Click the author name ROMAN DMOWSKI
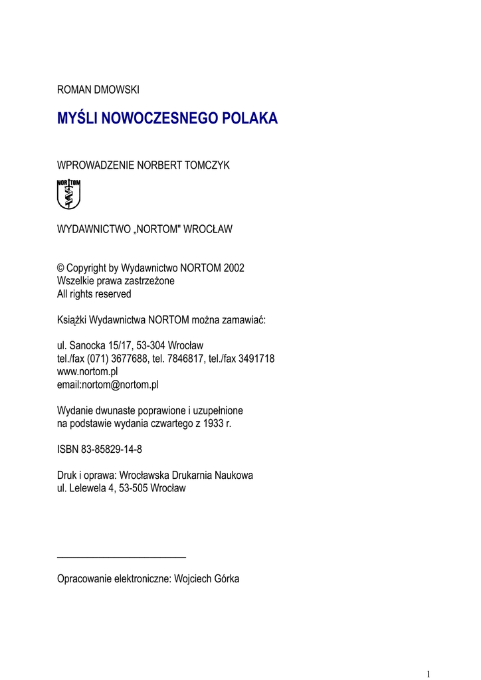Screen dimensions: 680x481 click(x=98, y=89)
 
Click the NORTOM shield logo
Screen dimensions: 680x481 click(x=68, y=194)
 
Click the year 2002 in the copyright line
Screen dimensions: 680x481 click(x=234, y=268)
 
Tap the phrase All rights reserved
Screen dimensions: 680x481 click(x=94, y=294)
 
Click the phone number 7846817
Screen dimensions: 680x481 click(x=191, y=359)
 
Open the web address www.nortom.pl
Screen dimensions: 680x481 click(x=87, y=371)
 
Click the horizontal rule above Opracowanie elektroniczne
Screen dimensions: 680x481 click(x=122, y=556)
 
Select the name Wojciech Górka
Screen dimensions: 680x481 click(x=207, y=578)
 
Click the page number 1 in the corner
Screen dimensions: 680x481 click(x=429, y=673)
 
